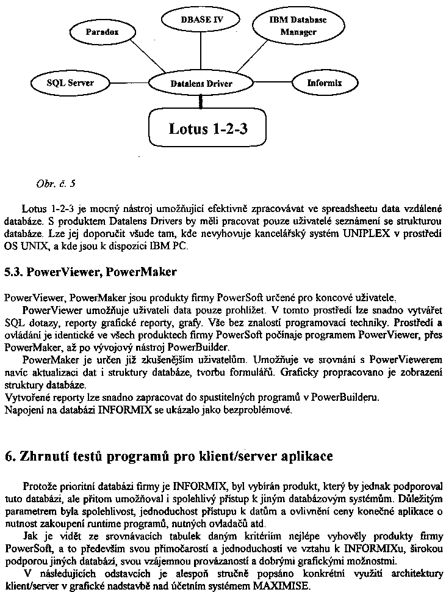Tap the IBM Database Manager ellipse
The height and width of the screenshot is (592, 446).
[298, 25]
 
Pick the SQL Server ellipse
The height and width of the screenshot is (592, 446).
[70, 82]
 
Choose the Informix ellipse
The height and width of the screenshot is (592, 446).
[324, 82]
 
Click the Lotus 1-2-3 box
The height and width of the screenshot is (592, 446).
[207, 128]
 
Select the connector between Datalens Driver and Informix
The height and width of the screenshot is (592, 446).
[274, 82]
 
